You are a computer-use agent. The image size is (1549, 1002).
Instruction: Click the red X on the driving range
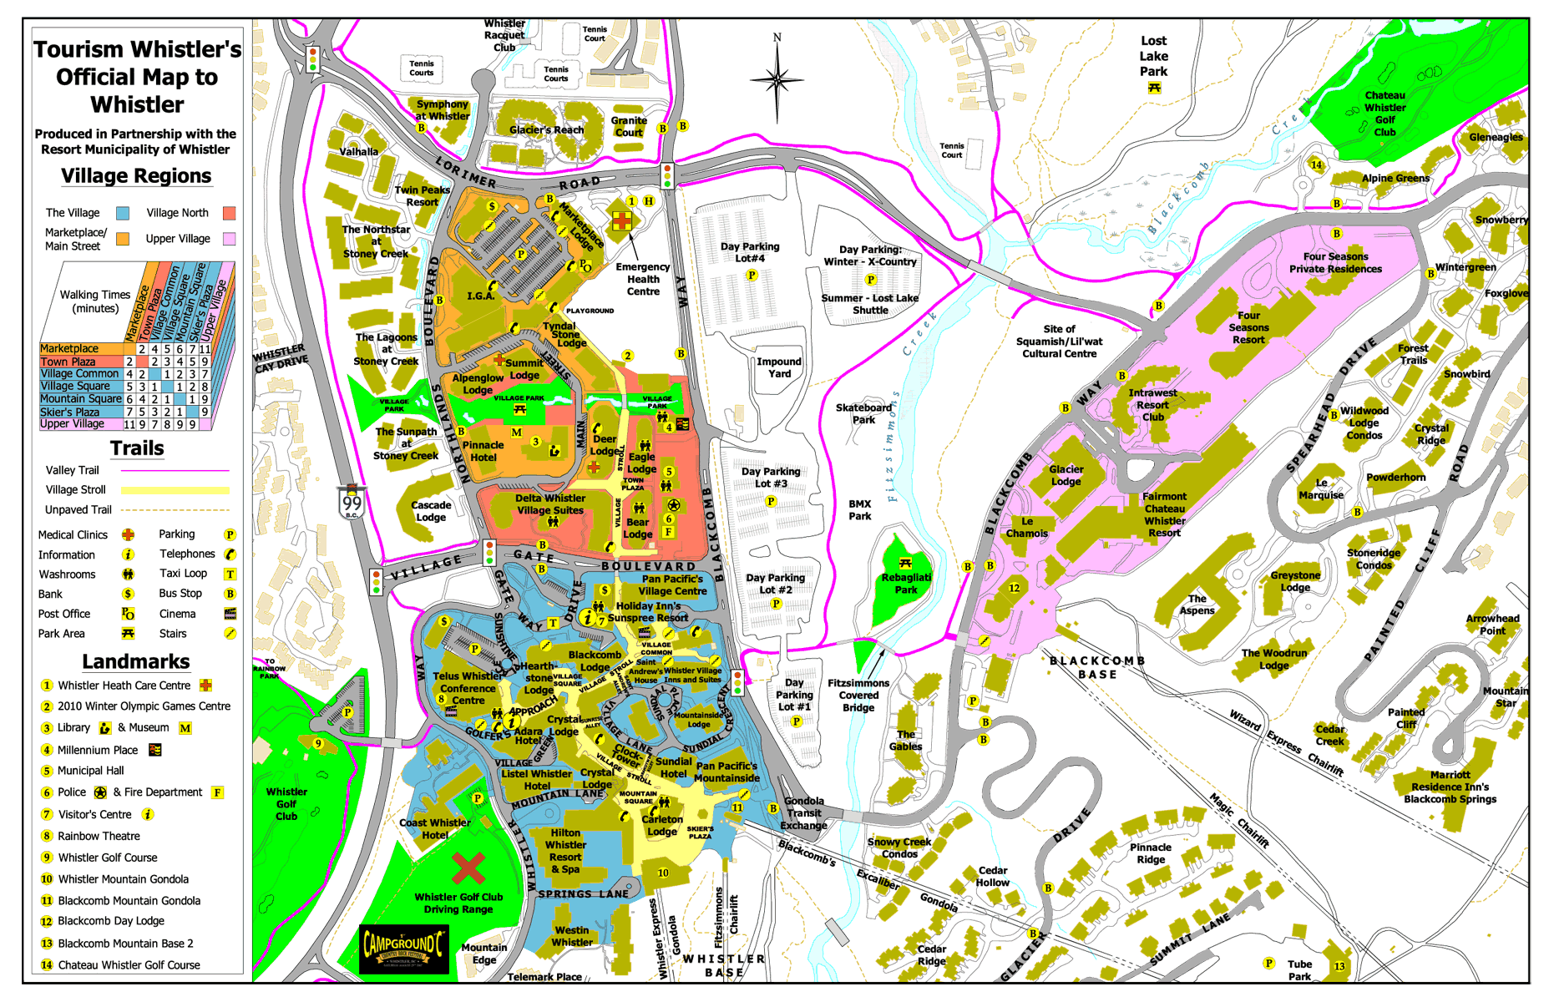[x=468, y=868]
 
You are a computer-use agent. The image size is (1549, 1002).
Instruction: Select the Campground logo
[x=403, y=949]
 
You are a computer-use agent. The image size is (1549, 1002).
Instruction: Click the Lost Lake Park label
[x=1153, y=57]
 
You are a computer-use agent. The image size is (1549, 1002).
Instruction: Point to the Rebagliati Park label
[x=906, y=583]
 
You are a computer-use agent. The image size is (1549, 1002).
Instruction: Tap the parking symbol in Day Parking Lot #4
[x=752, y=276]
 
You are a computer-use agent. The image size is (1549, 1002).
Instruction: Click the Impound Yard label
[x=778, y=367]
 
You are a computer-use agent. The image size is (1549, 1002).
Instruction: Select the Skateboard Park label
[x=863, y=413]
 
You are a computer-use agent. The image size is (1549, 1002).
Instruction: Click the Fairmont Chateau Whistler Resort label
[x=1164, y=514]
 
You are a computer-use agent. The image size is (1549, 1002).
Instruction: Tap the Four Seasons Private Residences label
[x=1335, y=262]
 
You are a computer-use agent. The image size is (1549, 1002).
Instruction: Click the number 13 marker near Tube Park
[x=1339, y=966]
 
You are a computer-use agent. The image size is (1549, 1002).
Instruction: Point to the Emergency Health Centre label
[x=642, y=279]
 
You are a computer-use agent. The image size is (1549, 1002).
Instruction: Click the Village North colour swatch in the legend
[x=229, y=213]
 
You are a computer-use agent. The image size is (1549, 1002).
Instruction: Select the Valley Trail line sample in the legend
[x=175, y=471]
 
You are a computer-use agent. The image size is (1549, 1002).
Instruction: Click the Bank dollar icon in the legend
[x=128, y=594]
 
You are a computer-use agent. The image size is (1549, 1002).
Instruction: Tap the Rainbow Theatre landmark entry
[x=99, y=836]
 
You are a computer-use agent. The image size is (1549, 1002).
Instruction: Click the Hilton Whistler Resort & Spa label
[x=565, y=851]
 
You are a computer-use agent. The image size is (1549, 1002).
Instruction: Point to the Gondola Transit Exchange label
[x=803, y=812]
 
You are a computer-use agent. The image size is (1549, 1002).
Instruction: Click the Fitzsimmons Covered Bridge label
[x=858, y=695]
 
